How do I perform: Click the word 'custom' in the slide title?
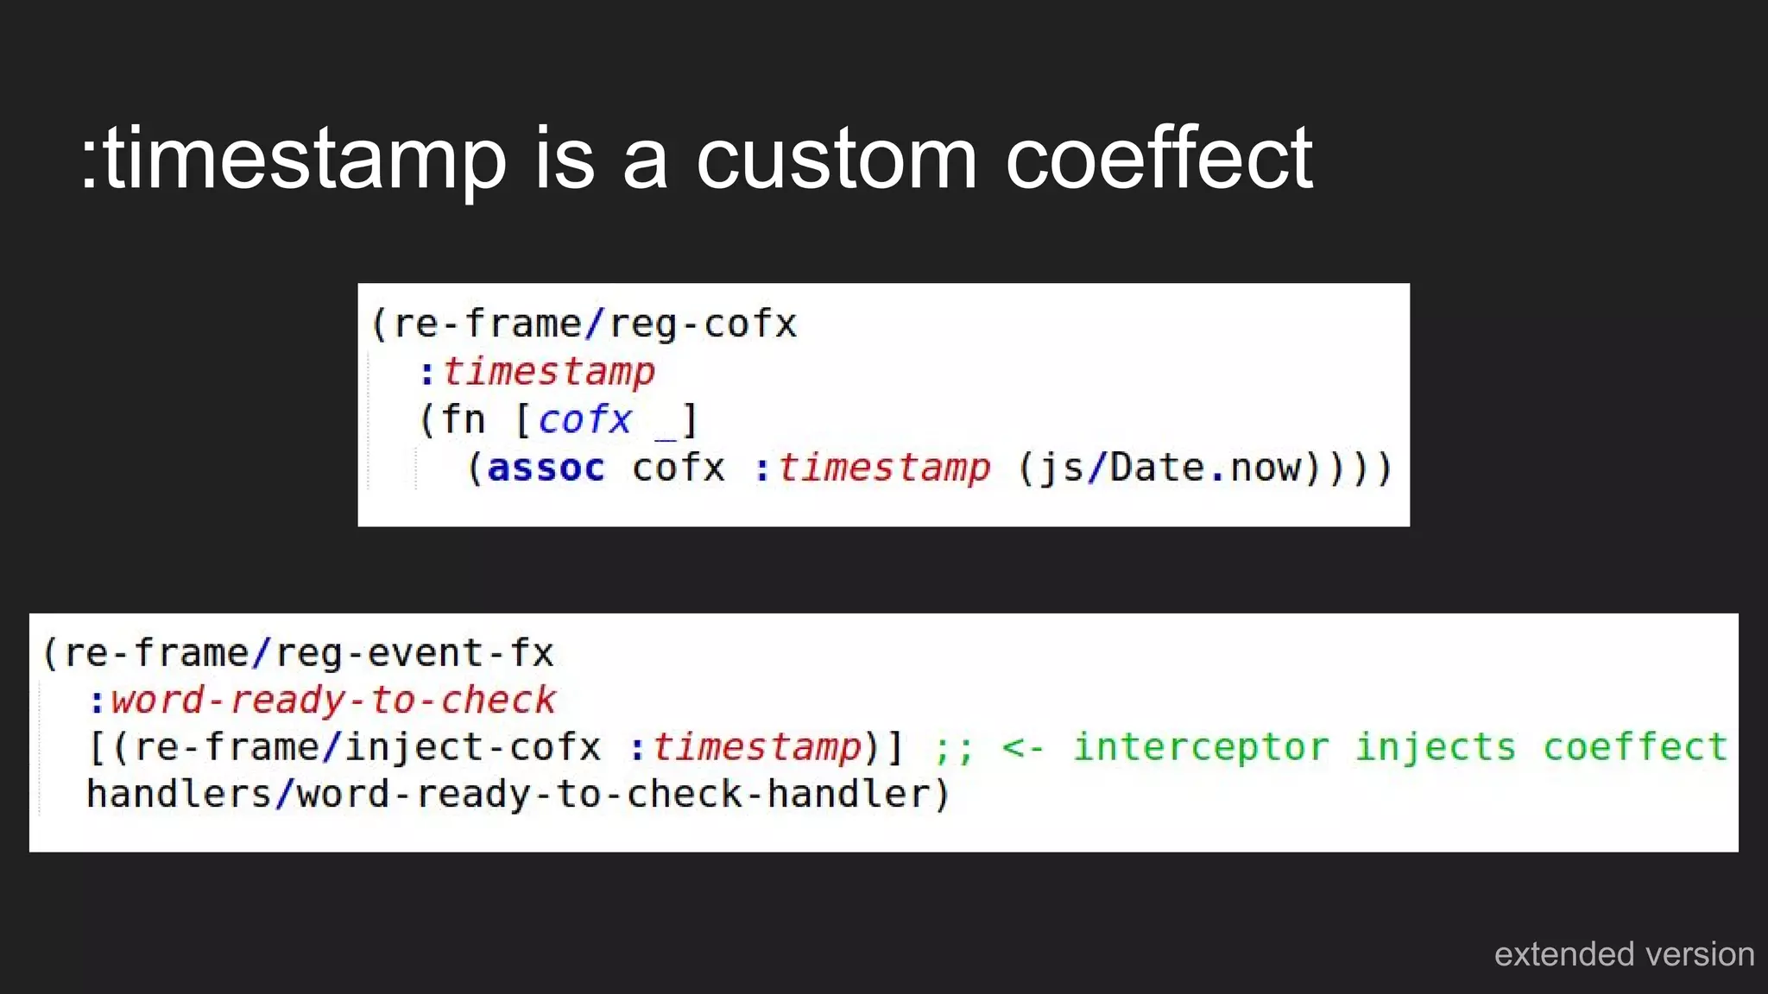click(836, 160)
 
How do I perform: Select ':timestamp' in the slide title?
click(294, 160)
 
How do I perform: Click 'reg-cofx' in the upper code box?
click(703, 324)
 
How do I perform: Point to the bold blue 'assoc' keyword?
click(546, 468)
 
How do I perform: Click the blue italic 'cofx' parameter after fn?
click(584, 420)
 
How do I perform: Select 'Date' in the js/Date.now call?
click(1157, 468)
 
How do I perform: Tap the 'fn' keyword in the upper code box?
click(463, 420)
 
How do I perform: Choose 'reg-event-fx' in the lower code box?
click(414, 653)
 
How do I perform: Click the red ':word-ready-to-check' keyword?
click(323, 700)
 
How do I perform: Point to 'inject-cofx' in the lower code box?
click(472, 747)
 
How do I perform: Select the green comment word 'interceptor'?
click(1201, 747)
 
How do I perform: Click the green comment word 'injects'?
click(1435, 747)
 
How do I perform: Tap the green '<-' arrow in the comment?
click(1023, 747)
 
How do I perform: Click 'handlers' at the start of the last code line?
click(179, 794)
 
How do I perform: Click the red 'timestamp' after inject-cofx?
click(757, 747)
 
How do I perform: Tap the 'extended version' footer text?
click(1624, 954)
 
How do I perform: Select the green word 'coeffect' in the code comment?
click(1635, 747)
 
